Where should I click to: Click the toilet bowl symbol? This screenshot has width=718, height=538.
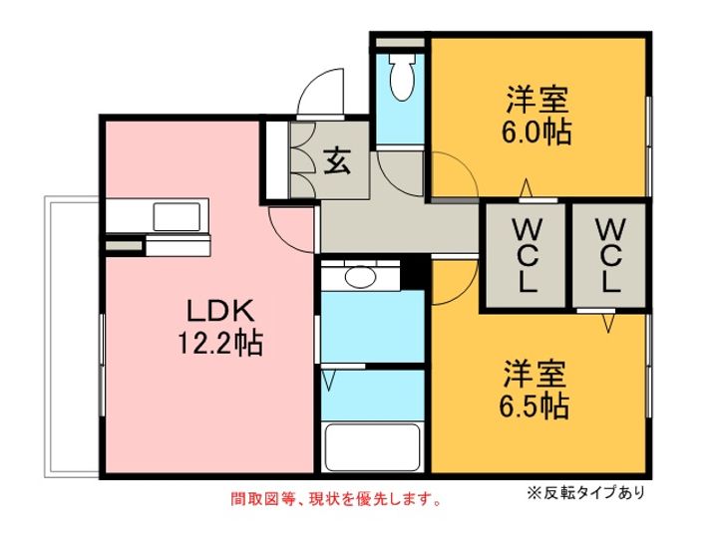point(402,77)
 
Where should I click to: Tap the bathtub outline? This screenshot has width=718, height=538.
point(371,447)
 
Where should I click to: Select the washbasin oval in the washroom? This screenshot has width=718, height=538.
point(360,277)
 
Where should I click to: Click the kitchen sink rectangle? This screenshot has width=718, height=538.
point(177,217)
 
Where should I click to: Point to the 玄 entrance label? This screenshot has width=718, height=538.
point(337,161)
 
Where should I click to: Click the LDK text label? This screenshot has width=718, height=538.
point(220,311)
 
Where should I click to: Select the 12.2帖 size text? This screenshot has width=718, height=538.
point(220,344)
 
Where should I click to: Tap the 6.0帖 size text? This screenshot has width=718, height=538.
point(537,133)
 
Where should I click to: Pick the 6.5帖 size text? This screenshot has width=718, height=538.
point(535,406)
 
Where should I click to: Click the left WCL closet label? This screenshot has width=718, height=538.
point(528,255)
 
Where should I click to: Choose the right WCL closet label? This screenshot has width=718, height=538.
point(609,255)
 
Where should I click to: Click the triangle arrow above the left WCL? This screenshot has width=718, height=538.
point(527,187)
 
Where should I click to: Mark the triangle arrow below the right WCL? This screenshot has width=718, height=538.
point(607,323)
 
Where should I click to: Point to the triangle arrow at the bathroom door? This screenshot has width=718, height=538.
point(328,381)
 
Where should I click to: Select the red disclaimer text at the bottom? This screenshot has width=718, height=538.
point(337,499)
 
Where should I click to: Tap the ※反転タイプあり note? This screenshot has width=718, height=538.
point(586,492)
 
